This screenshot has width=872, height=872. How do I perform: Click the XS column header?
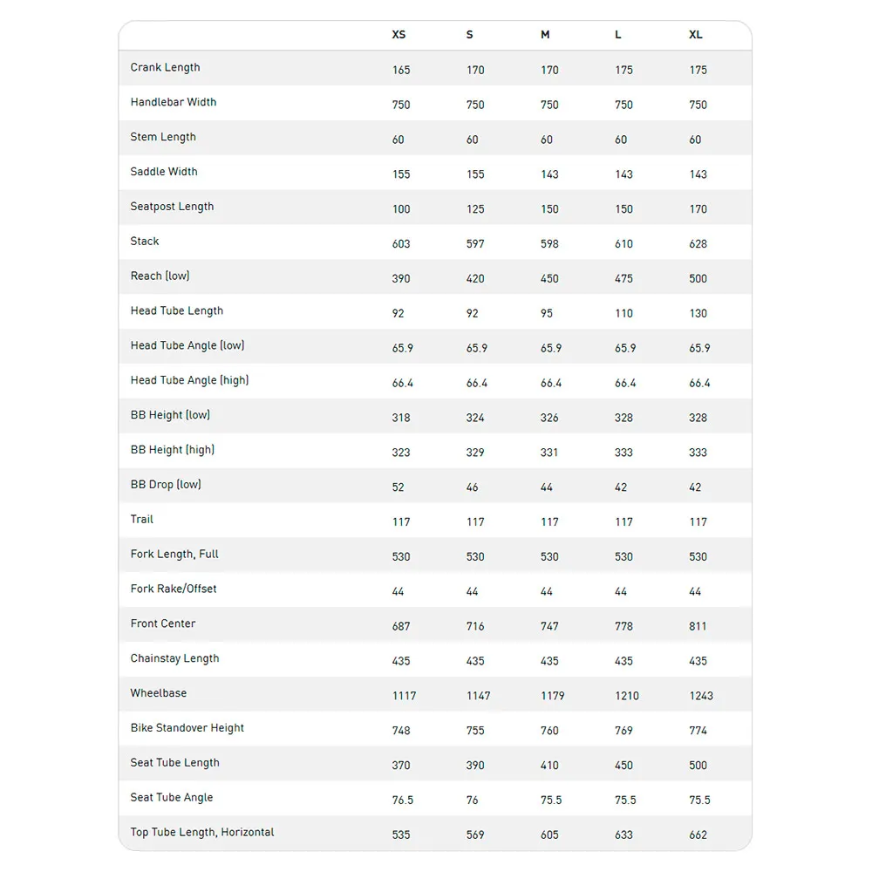pyautogui.click(x=399, y=35)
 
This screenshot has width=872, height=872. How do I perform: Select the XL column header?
pyautogui.click(x=696, y=35)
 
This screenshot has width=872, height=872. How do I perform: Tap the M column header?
pyautogui.click(x=545, y=35)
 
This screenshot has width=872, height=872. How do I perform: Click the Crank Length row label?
pyautogui.click(x=166, y=67)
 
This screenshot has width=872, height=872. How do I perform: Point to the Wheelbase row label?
pyautogui.click(x=159, y=693)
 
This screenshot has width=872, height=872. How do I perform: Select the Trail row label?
pyautogui.click(x=142, y=519)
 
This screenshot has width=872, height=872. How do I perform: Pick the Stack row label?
pyautogui.click(x=145, y=241)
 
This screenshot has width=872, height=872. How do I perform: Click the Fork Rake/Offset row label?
pyautogui.click(x=174, y=589)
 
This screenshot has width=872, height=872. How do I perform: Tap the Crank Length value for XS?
pyautogui.click(x=401, y=70)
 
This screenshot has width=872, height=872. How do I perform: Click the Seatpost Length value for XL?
pyautogui.click(x=698, y=209)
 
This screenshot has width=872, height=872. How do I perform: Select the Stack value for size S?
pyautogui.click(x=475, y=244)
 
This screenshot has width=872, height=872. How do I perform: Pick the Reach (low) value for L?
pyautogui.click(x=623, y=279)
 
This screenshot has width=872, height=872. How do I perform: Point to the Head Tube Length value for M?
pyautogui.click(x=547, y=313)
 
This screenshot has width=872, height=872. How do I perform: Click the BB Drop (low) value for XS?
pyautogui.click(x=399, y=487)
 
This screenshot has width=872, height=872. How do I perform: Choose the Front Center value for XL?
pyautogui.click(x=698, y=626)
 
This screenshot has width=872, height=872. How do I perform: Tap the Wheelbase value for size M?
pyautogui.click(x=553, y=696)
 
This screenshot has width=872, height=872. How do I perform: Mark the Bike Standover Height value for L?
pyautogui.click(x=623, y=731)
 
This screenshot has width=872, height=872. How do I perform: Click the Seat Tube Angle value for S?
pyautogui.click(x=473, y=800)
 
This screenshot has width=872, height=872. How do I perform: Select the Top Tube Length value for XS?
pyautogui.click(x=401, y=835)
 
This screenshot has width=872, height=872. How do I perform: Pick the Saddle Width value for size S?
pyautogui.click(x=475, y=174)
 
